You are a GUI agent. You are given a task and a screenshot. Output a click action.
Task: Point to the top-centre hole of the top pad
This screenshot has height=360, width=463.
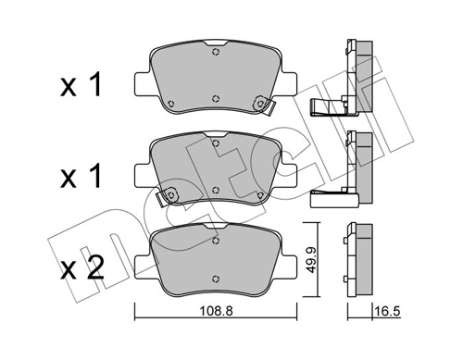(x=216, y=53)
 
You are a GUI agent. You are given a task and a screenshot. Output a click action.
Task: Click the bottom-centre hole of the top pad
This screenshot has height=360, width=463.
(x=215, y=99)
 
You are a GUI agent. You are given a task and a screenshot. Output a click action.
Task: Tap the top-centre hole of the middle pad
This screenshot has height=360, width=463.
(x=216, y=143)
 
